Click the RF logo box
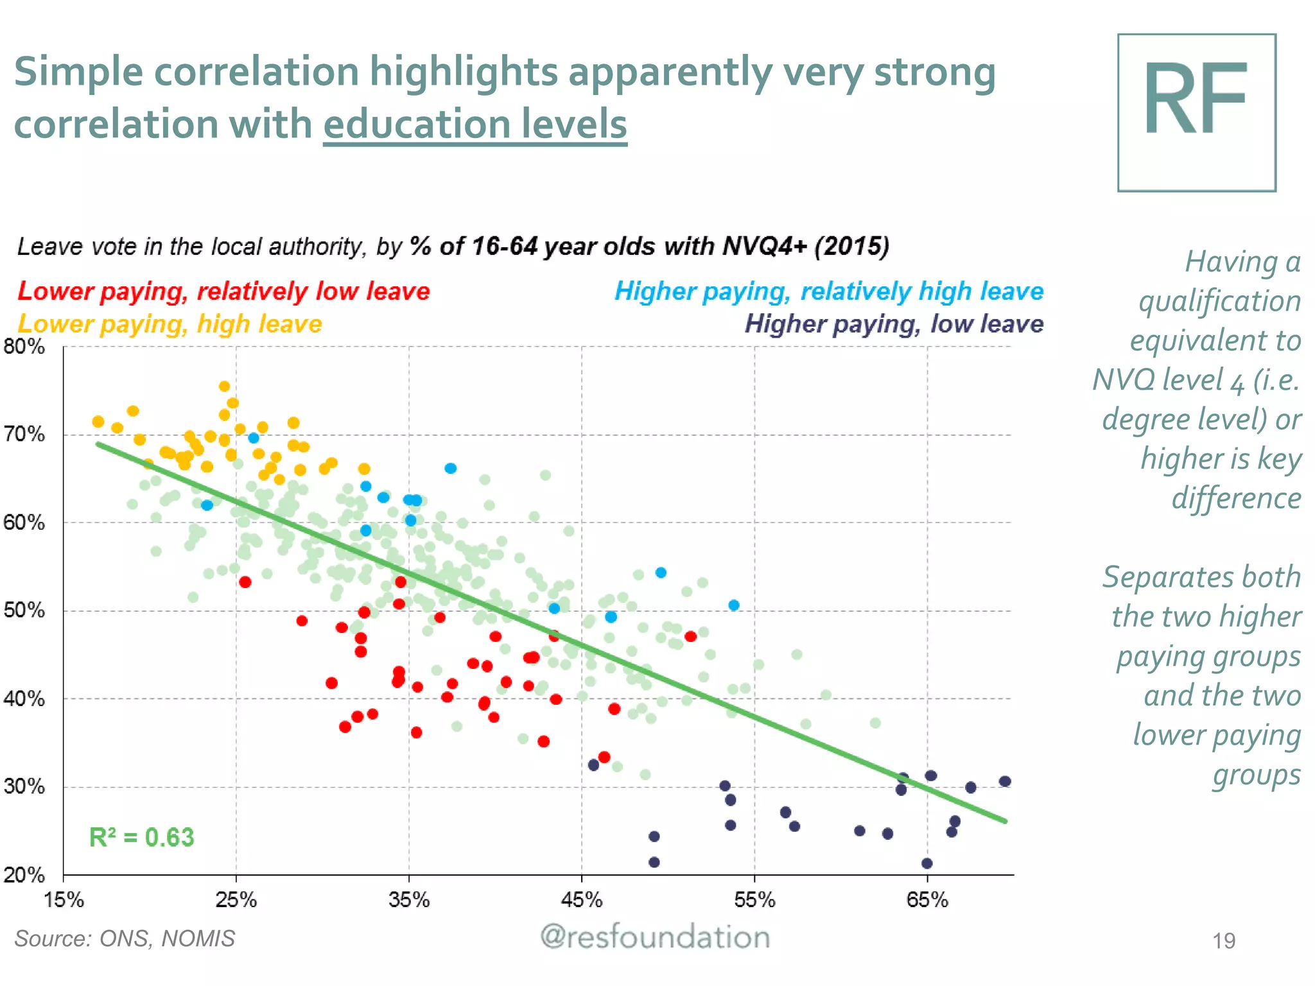pos(1196,112)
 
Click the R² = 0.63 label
pos(141,837)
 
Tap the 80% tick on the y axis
pos(24,347)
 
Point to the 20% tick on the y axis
pos(24,874)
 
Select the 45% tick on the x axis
pos(582,899)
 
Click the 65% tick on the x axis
pos(927,899)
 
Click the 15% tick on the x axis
pos(64,899)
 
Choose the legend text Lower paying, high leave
pos(170,324)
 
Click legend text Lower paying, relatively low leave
pos(223,291)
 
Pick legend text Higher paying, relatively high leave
pos(829,291)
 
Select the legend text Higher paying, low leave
pos(894,324)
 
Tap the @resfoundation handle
pos(655,937)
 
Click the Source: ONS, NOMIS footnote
pos(125,938)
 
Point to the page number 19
pos(1224,940)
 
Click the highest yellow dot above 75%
pos(224,386)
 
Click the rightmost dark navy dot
pos(1005,781)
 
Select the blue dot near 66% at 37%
pos(451,468)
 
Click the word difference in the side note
pos(1236,498)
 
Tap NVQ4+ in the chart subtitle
pos(764,246)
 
